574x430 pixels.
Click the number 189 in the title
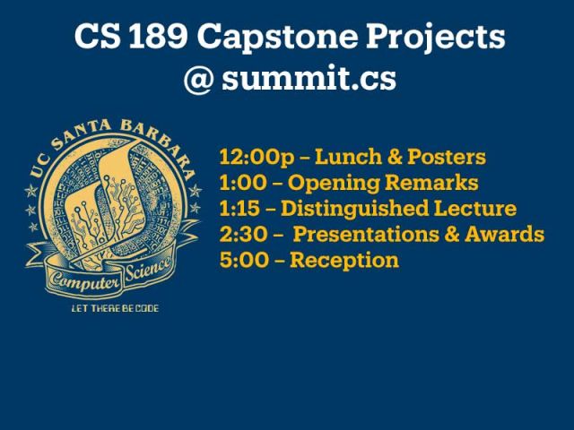tap(158, 36)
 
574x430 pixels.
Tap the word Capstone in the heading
tap(277, 38)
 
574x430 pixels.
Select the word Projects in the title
tap(436, 38)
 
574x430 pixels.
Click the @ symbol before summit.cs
tap(198, 79)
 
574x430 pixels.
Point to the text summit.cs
tap(309, 78)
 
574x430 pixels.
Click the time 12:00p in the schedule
tap(257, 158)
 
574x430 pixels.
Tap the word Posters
tap(447, 157)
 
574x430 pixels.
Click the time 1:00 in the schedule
tap(243, 183)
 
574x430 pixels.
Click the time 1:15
tap(239, 209)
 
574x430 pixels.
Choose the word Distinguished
tap(354, 209)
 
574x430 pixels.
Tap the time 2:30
tap(243, 235)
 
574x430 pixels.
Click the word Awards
tap(504, 234)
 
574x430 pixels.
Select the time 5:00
tap(244, 261)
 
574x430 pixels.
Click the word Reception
tap(344, 261)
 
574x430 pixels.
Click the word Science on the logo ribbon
tap(147, 269)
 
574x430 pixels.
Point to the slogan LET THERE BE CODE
tap(115, 308)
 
